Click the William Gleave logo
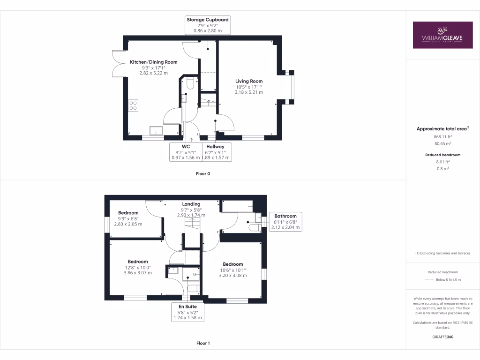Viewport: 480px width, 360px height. [442, 35]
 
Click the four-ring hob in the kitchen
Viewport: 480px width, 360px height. [133, 105]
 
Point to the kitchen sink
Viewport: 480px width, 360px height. [156, 130]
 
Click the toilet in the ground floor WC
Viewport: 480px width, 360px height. [190, 83]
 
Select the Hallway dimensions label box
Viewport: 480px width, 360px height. [216, 152]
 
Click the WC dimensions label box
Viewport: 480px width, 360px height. [185, 152]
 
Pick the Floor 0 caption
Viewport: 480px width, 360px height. [203, 173]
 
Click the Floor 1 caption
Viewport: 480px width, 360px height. [203, 343]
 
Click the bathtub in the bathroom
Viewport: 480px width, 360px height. [237, 207]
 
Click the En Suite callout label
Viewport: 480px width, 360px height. [188, 312]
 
